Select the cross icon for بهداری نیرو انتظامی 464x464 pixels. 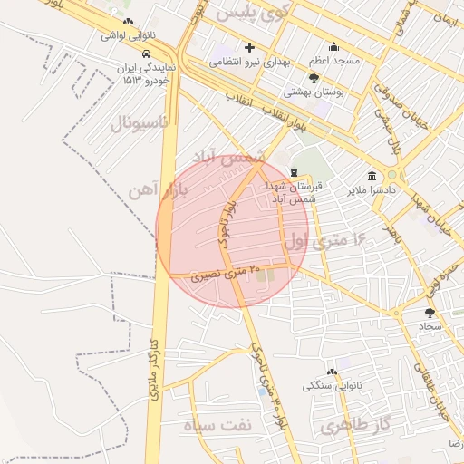[x=250, y=47]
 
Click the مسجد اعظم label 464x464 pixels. [x=334, y=61]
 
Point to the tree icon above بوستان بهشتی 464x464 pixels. [x=314, y=78]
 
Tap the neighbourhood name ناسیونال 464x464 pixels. [x=140, y=122]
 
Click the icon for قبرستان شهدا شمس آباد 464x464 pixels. [x=293, y=172]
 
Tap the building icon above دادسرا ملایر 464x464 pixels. [x=372, y=176]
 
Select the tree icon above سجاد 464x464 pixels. [x=430, y=313]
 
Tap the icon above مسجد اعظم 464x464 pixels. [x=334, y=47]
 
